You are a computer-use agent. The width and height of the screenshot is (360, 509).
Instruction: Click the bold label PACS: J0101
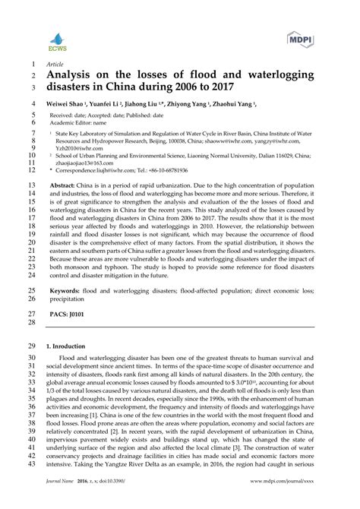click(68, 311)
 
